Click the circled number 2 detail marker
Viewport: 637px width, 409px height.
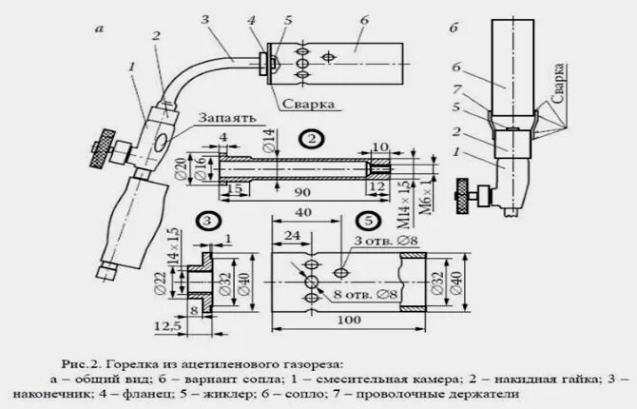311,139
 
